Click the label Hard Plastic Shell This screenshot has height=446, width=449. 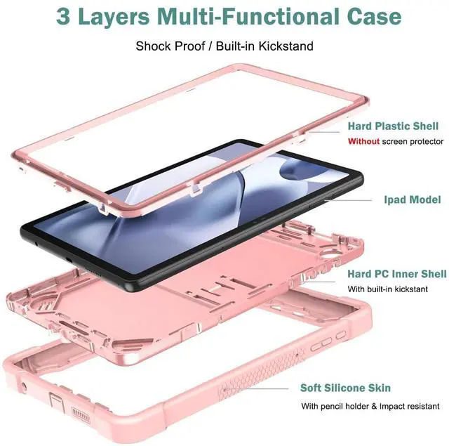coord(393,126)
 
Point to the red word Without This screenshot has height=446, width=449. coord(364,141)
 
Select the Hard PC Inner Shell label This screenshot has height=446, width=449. coord(396,273)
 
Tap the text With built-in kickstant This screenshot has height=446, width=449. coord(387,289)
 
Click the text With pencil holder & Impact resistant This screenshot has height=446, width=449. coord(370,406)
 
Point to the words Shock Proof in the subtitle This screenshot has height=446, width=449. coord(163,46)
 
